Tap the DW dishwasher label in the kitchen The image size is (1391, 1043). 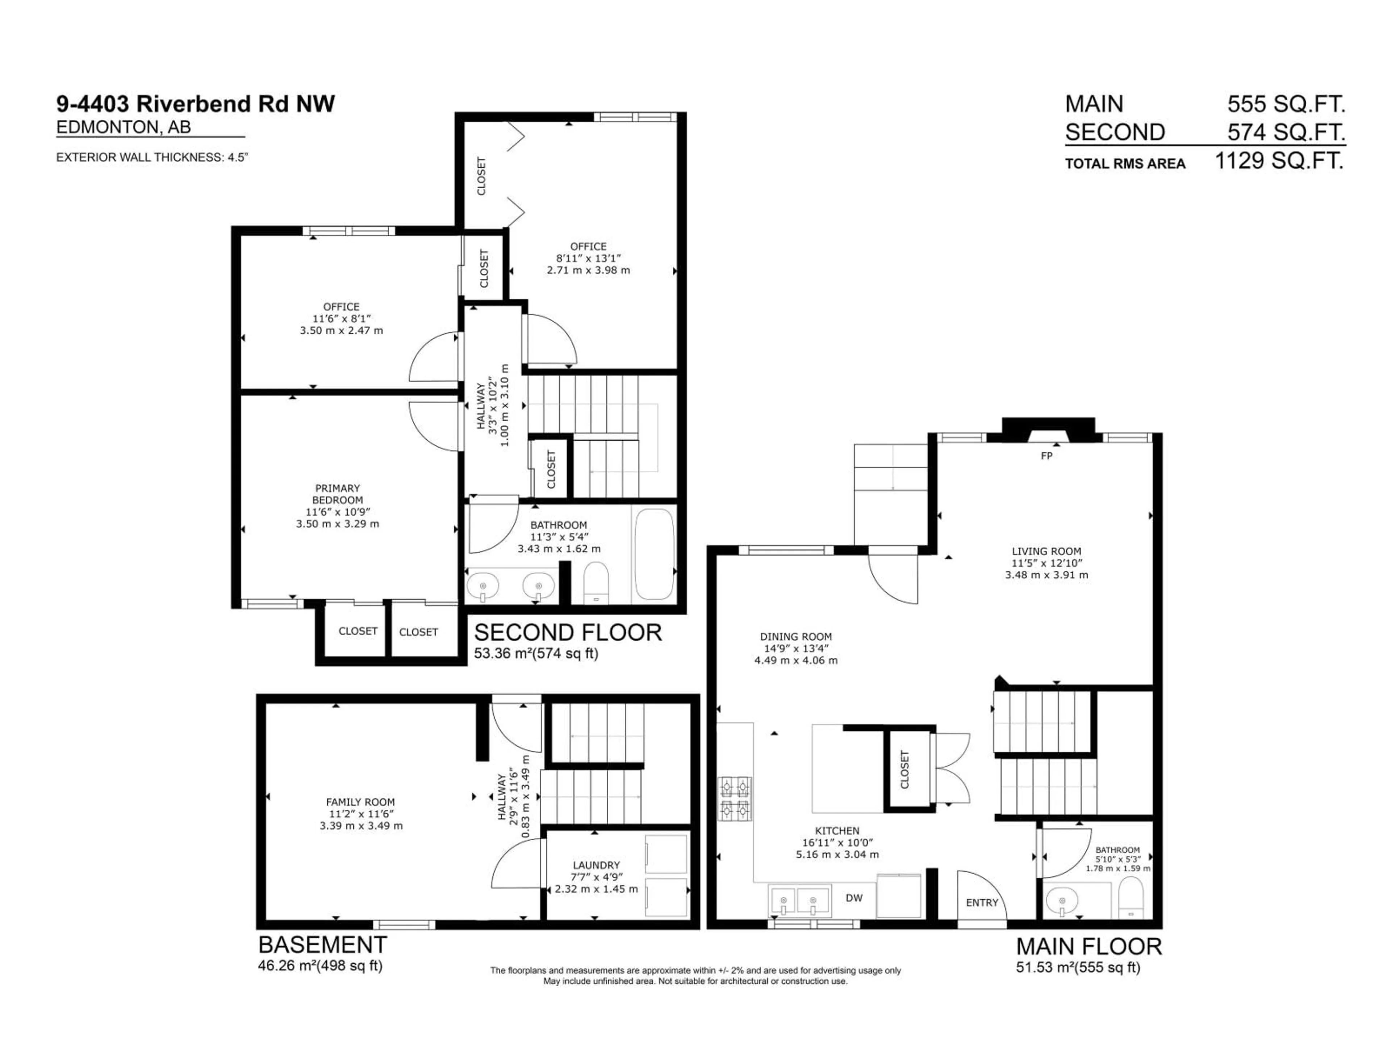pyautogui.click(x=854, y=898)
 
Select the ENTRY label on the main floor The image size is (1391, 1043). pyautogui.click(x=982, y=902)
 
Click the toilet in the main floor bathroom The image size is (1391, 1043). pyautogui.click(x=1131, y=899)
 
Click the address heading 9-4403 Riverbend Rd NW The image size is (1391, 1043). pyautogui.click(x=196, y=104)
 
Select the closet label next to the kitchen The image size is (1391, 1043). pyautogui.click(x=904, y=770)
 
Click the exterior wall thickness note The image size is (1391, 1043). pyautogui.click(x=152, y=157)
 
